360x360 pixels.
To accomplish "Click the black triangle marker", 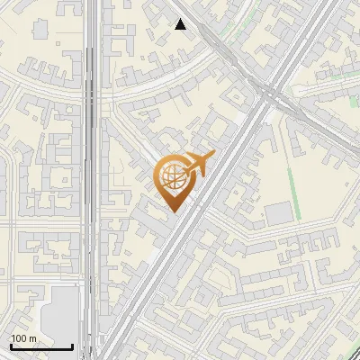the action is pos(181,24).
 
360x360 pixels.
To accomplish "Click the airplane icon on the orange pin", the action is pos(196,165).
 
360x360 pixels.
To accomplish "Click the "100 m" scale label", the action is pos(24,338).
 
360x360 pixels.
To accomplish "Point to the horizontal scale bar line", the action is pos(41,346).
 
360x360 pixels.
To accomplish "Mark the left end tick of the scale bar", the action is pos(11,345).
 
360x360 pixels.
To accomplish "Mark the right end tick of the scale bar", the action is pos(72,345).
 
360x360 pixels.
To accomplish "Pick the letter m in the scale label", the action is pos(33,338).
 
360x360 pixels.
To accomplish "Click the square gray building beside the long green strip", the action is pos(279,212).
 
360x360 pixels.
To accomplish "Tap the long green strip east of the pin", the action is pos(292,171).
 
